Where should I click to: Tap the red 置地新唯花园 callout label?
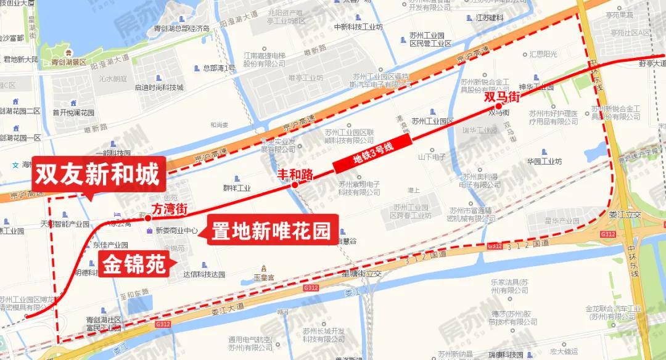(x=273, y=231)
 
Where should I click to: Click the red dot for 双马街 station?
(x=498, y=106)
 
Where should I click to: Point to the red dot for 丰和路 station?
(x=295, y=185)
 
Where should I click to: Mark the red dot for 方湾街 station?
(x=148, y=218)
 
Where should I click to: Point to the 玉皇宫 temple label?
(x=263, y=277)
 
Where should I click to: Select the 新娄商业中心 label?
(x=176, y=231)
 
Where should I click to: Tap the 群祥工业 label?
(x=237, y=188)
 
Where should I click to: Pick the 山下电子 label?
(x=432, y=157)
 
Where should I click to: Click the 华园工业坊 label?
(x=545, y=162)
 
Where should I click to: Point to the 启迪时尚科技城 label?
(x=159, y=87)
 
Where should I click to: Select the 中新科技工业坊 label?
(x=358, y=27)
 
